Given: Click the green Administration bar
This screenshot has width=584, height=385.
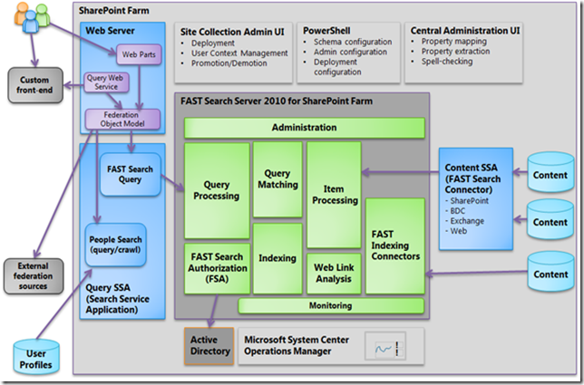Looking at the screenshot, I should [x=304, y=128].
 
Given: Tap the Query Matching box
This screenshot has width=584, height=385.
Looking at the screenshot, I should [x=277, y=178].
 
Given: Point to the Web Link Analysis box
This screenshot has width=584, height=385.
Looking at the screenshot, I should [x=334, y=274].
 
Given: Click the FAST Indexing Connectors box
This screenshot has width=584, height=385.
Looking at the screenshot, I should [x=394, y=245].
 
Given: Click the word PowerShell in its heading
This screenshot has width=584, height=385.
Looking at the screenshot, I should [x=324, y=29].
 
